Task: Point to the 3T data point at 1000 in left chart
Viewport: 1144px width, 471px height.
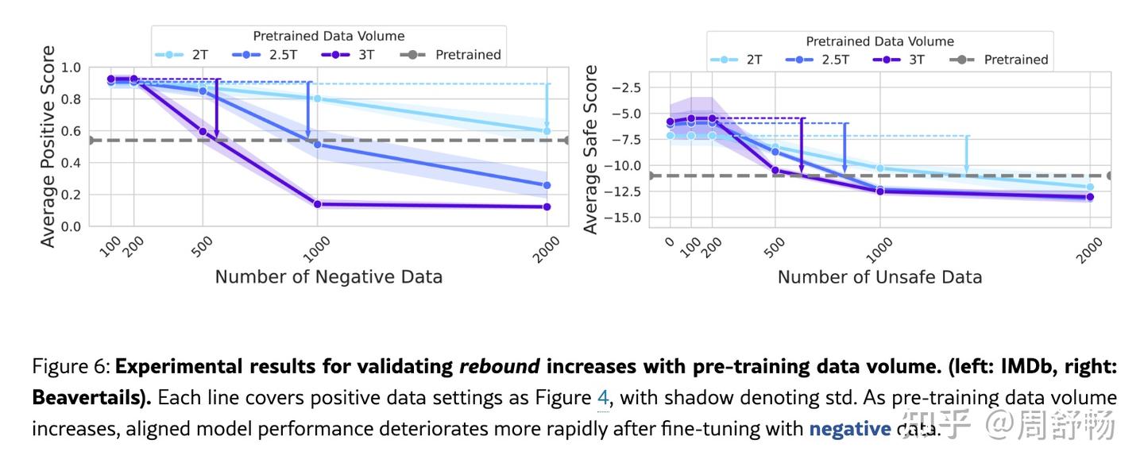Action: click(318, 204)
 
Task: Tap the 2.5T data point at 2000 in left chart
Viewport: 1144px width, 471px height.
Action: click(547, 185)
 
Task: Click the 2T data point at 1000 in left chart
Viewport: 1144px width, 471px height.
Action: click(318, 98)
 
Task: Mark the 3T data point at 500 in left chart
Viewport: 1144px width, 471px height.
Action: click(203, 131)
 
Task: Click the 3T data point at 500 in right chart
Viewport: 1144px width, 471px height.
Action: click(775, 170)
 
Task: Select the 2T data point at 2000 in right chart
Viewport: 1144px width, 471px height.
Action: click(1090, 187)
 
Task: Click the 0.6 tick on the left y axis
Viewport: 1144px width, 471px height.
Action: click(71, 131)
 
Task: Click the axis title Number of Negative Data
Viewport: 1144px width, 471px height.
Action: click(328, 277)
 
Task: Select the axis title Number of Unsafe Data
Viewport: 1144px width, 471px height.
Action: click(879, 277)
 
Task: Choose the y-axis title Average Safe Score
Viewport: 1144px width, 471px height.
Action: click(590, 149)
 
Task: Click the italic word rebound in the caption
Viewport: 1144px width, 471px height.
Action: click(500, 366)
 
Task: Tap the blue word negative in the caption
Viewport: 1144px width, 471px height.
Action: click(849, 429)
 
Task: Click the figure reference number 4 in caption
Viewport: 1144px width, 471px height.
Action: click(602, 397)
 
